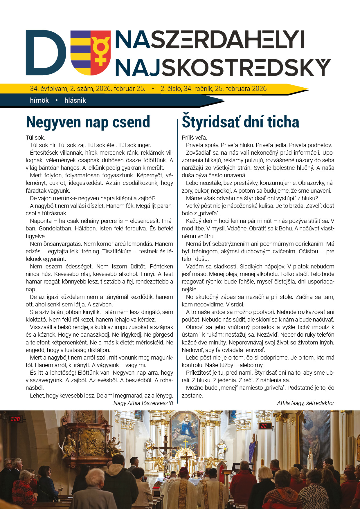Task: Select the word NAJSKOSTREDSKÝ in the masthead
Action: pyautogui.click(x=223, y=67)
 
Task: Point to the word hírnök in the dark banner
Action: pyautogui.click(x=39, y=100)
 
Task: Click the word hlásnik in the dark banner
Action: pyautogui.click(x=75, y=100)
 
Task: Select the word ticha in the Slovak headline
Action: pyautogui.click(x=283, y=122)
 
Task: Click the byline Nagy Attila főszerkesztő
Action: pyautogui.click(x=143, y=403)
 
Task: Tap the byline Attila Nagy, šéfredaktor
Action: pyautogui.click(x=305, y=403)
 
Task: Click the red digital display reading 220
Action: pyautogui.click(x=15, y=419)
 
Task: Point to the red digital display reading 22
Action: pyautogui.click(x=264, y=426)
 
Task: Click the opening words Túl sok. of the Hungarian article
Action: pyautogui.click(x=35, y=138)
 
